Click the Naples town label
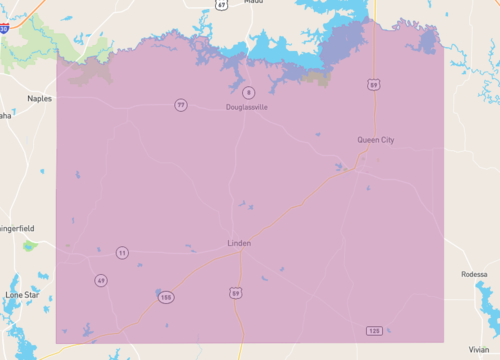pos(40,99)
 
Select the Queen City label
pos(376,140)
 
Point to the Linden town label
pos(238,243)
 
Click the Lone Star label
pos(20,295)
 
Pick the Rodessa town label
pos(474,274)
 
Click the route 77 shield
pos(180,105)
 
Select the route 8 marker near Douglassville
pos(248,93)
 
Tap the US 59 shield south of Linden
pos(235,292)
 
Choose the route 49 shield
pos(101,281)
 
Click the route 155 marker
pos(166,298)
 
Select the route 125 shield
pos(373,330)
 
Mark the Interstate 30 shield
pos(4,30)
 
